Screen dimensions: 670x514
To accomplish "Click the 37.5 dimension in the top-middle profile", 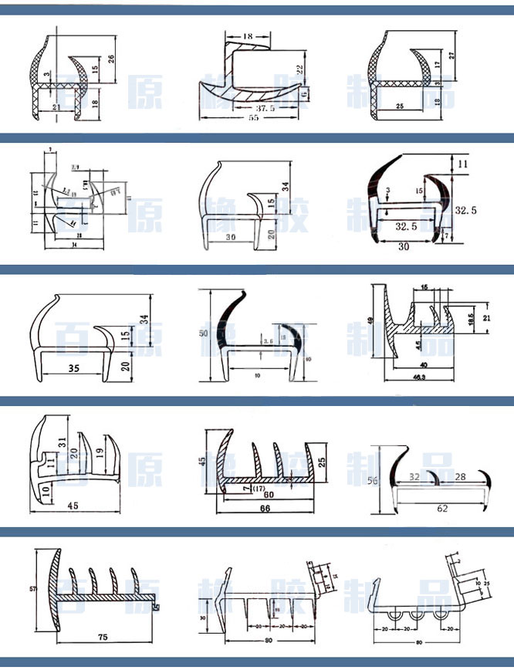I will (x=247, y=108).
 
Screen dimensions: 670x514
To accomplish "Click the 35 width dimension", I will (x=74, y=368).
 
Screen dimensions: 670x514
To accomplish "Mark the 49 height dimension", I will (x=370, y=320).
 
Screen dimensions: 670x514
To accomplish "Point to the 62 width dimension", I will (x=441, y=509).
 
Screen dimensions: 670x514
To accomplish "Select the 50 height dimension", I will (x=203, y=332).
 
